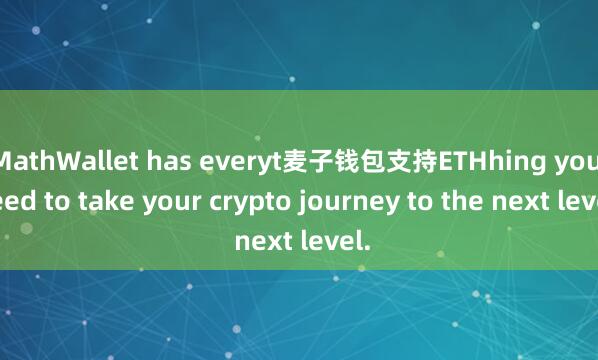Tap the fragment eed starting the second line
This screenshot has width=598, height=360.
coord(19,199)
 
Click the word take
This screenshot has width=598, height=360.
coord(101,199)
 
